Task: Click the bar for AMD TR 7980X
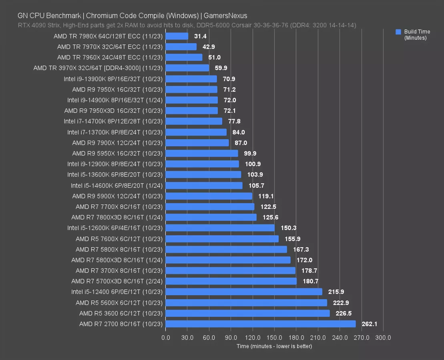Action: pos(177,36)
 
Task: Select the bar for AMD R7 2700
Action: pos(260,324)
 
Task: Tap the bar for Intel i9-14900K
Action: pos(191,100)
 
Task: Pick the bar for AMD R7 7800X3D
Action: pos(211,217)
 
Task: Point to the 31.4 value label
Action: pos(200,36)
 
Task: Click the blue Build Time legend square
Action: pos(398,32)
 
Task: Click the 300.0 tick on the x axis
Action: pos(383,338)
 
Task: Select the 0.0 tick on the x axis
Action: pos(166,338)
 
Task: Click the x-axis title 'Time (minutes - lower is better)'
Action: pos(274,346)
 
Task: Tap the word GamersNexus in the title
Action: pos(225,16)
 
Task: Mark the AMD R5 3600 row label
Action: pos(121,313)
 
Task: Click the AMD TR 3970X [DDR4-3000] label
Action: pos(98,68)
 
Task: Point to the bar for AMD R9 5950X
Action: pos(202,153)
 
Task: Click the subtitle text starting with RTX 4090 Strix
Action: pos(187,25)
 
